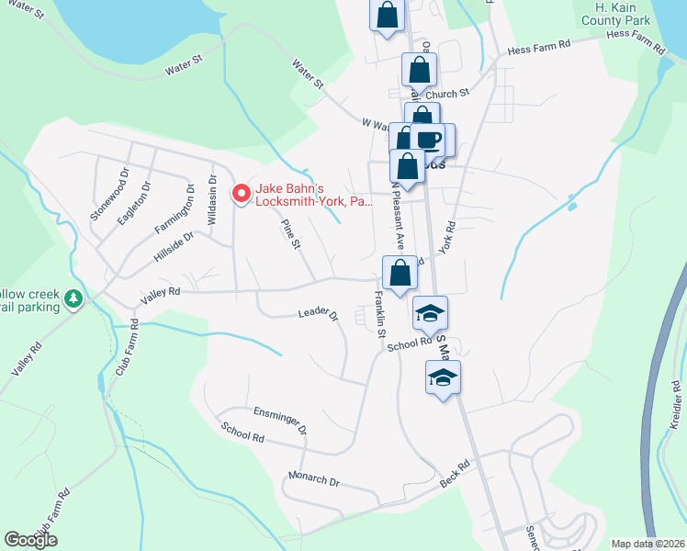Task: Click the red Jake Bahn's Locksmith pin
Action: [241, 194]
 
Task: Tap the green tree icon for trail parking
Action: [73, 298]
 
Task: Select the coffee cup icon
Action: [429, 140]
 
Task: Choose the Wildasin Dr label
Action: [212, 201]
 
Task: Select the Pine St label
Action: [290, 232]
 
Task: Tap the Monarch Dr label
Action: [314, 481]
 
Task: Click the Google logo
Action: [31, 540]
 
